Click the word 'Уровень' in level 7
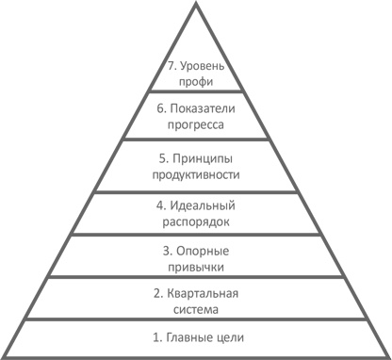(x=204, y=67)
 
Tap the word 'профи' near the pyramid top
(x=196, y=83)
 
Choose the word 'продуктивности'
(x=196, y=174)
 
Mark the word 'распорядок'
(x=196, y=221)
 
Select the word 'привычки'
(x=196, y=268)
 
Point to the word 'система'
(x=196, y=310)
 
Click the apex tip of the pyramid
(x=196, y=5)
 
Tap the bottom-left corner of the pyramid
(x=4, y=356)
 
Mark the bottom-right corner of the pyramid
(x=388, y=356)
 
